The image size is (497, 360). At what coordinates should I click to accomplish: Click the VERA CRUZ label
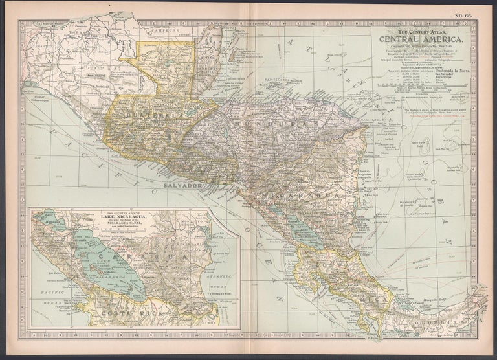coord(37,47)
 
